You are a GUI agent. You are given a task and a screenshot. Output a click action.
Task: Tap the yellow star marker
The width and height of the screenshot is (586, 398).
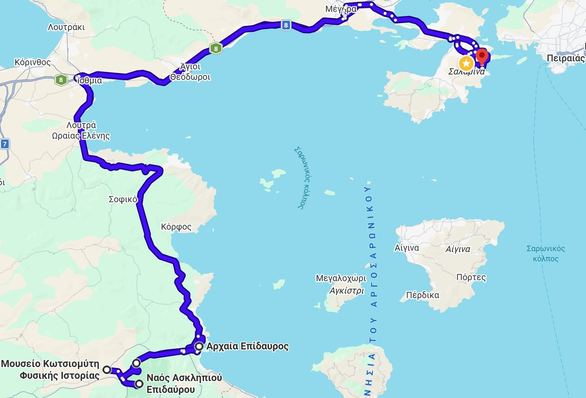click(x=466, y=63)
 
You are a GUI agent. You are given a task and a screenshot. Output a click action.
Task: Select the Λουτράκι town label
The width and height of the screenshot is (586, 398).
click(x=66, y=27)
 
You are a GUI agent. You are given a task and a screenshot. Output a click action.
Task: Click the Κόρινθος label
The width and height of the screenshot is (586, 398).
click(x=33, y=62)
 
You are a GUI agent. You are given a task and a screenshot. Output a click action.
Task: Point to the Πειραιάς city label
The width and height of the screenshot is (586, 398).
click(x=566, y=59)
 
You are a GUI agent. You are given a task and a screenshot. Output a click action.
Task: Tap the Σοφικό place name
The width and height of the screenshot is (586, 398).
click(x=122, y=199)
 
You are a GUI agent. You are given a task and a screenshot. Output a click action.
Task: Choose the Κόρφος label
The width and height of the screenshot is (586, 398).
click(x=176, y=227)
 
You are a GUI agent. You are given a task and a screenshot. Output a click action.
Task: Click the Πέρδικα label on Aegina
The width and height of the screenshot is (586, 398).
click(x=423, y=295)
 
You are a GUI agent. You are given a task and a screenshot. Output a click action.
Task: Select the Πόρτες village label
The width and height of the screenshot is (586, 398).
click(x=471, y=277)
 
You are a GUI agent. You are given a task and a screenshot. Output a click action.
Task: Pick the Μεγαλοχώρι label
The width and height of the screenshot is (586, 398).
click(x=341, y=278)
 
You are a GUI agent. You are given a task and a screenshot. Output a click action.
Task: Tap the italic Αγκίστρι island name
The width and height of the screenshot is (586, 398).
click(x=347, y=291)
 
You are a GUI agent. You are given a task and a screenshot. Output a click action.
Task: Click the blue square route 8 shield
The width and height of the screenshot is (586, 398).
click(x=286, y=26)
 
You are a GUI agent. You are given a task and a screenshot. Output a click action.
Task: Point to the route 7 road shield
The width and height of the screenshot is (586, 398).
click(x=5, y=144)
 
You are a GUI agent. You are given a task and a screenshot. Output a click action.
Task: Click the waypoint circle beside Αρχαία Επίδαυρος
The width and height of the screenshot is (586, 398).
click(x=199, y=346)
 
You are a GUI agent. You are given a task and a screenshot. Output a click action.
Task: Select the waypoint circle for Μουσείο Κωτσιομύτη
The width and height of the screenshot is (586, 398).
click(x=107, y=369)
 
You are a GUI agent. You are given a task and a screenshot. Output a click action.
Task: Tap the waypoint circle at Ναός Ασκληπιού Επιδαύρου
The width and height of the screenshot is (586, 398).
click(x=139, y=383)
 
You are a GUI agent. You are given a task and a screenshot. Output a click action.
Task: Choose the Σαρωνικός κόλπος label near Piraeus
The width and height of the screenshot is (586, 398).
click(x=545, y=253)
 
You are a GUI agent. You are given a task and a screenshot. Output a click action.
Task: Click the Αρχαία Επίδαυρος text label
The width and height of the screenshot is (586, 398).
click(x=248, y=346)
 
